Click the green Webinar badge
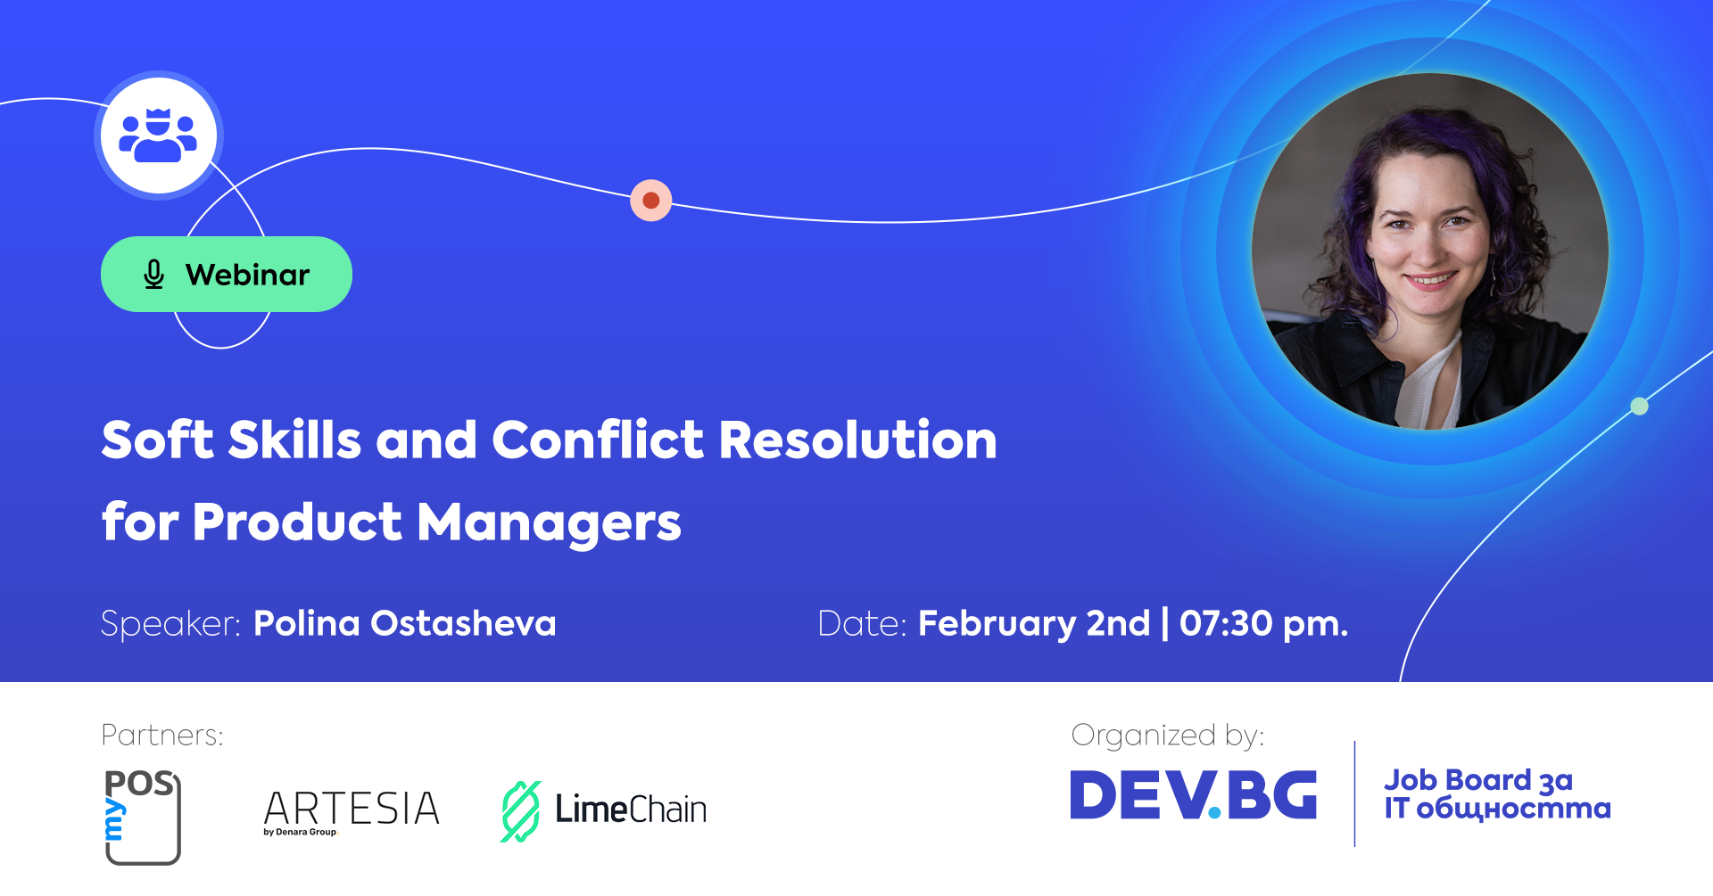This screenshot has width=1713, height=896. coord(227,274)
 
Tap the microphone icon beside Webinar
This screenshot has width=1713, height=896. coord(153,275)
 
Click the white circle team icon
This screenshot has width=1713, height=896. coord(159,136)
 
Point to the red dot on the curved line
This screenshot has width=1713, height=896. coord(651,201)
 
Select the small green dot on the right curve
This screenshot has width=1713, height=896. coord(1639,407)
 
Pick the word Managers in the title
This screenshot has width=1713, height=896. coord(549,523)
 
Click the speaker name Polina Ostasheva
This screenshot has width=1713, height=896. coord(405,623)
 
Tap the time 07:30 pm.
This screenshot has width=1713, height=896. coord(1263,624)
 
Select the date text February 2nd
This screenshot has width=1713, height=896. coord(1034,624)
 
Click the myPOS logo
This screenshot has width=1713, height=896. coord(143,817)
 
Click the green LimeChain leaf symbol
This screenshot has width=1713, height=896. coord(520,811)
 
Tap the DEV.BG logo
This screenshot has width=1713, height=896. coord(1194,794)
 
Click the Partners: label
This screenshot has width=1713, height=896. coord(162,736)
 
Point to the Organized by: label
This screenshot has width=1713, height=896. coord(1168,736)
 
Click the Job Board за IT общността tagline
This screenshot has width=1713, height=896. coord(1498,793)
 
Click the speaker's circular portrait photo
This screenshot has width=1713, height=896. coord(1429,251)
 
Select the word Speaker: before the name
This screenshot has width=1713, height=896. coord(171,624)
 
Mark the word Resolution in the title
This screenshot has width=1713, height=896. coord(858,440)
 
